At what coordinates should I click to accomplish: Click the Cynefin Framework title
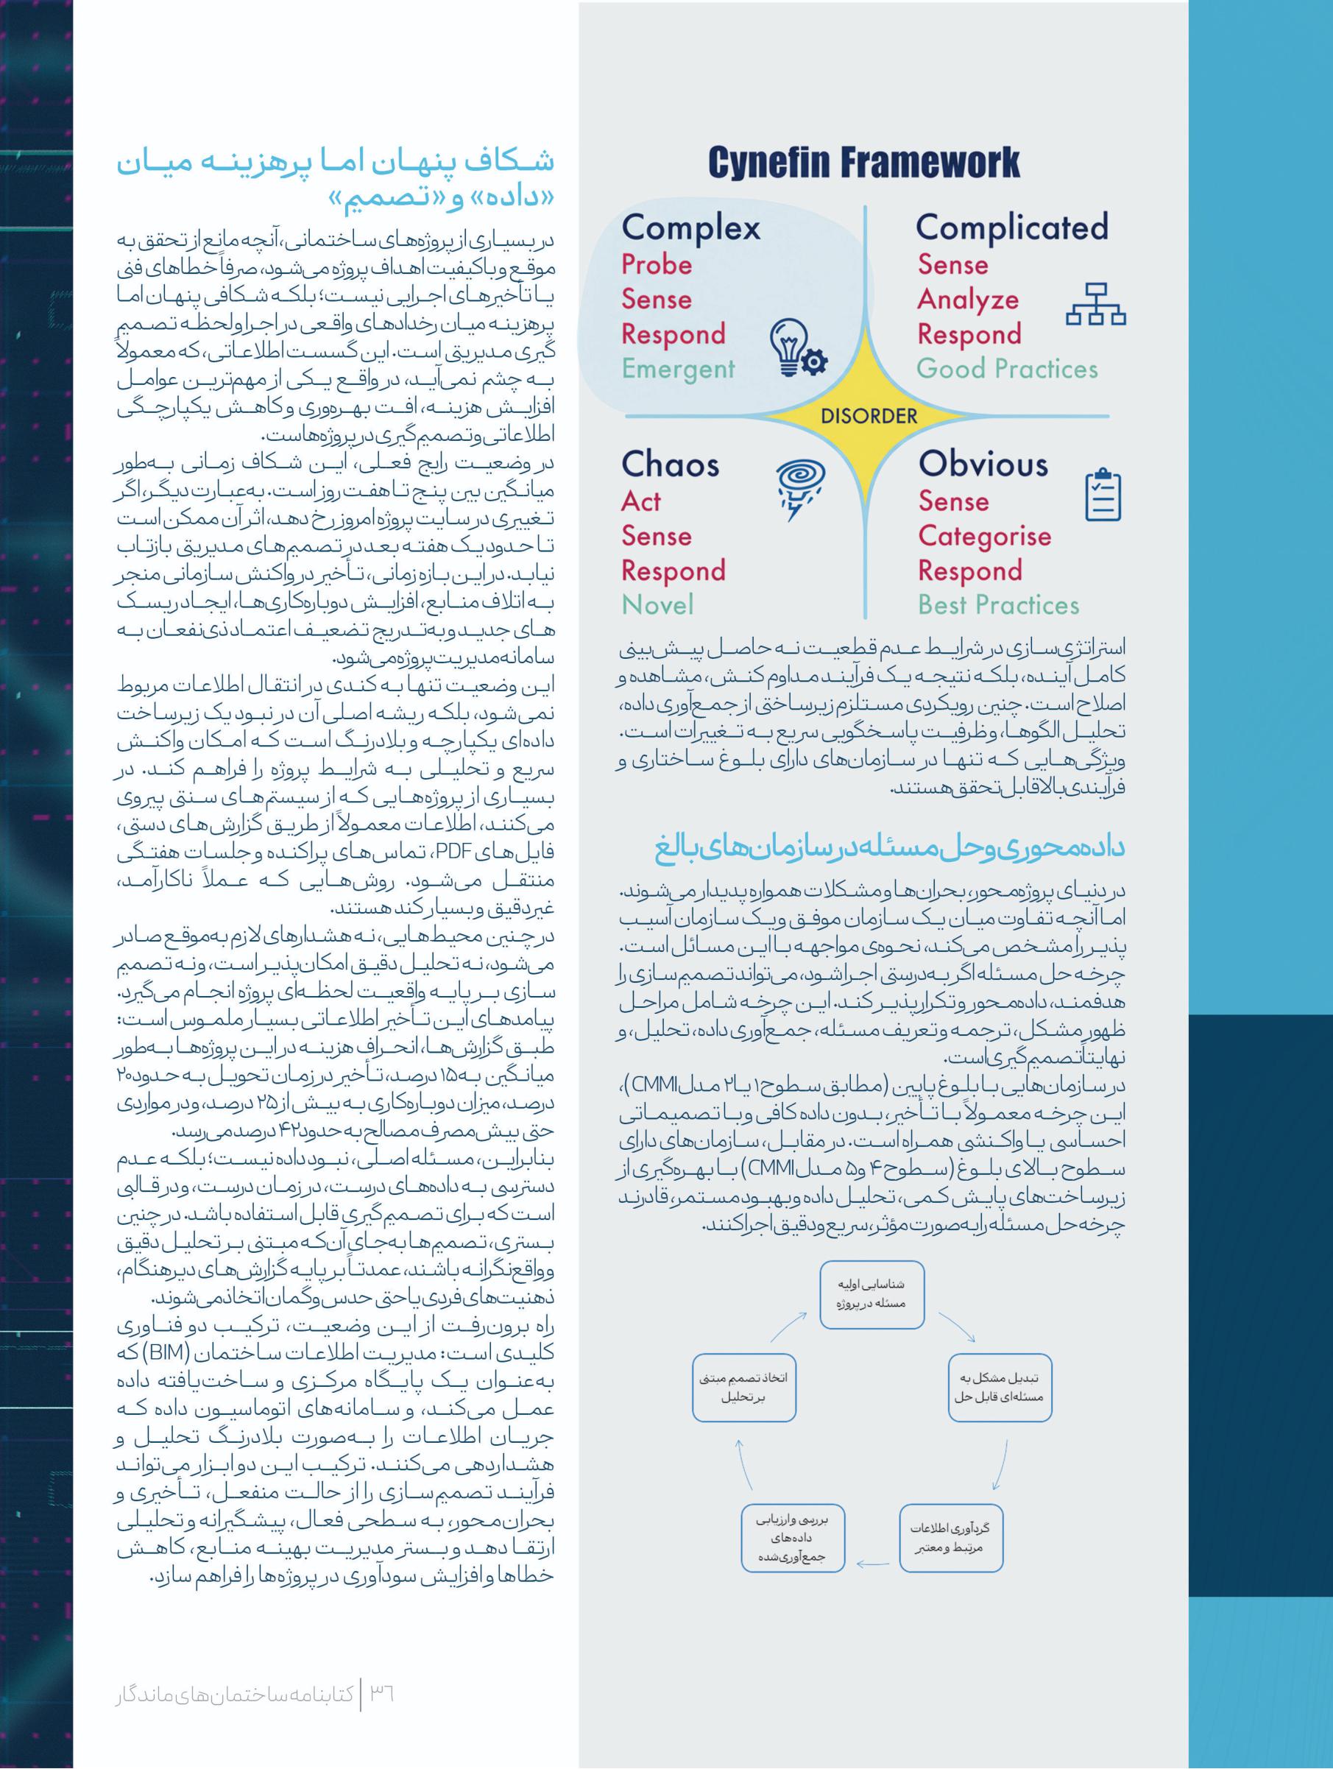click(x=863, y=163)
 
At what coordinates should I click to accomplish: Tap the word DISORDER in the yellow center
click(x=869, y=416)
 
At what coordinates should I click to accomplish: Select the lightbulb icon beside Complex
click(x=797, y=350)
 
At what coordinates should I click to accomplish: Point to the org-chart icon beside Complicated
click(x=1095, y=304)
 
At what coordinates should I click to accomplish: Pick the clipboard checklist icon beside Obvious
click(x=1103, y=495)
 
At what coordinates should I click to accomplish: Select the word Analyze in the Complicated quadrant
click(x=968, y=300)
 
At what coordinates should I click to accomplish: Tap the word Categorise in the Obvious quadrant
click(x=984, y=536)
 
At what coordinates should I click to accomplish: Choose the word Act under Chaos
click(x=641, y=501)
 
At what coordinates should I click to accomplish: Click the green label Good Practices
click(x=1007, y=369)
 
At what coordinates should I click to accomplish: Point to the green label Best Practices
click(x=998, y=605)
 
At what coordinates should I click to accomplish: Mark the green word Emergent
click(x=677, y=369)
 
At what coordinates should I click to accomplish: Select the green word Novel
click(x=657, y=605)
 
